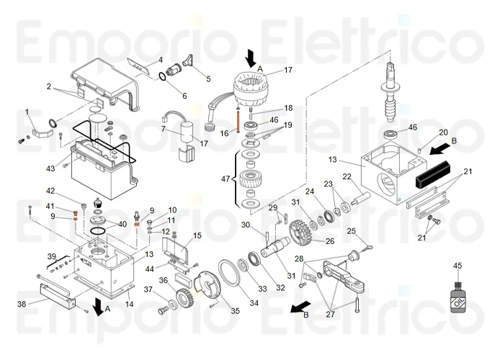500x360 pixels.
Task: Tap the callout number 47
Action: point(225,178)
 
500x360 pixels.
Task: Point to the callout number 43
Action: point(50,168)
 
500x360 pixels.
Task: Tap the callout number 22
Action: point(347,177)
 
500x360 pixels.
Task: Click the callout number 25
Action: point(352,231)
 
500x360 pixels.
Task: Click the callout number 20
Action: point(443,132)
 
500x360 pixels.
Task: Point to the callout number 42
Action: point(50,191)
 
